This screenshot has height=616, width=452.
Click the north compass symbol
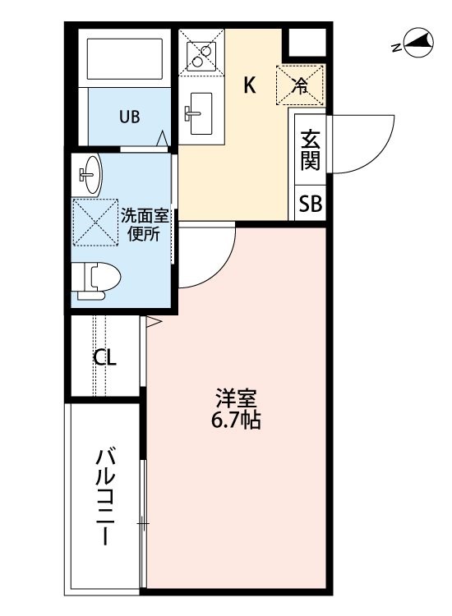tap(417, 42)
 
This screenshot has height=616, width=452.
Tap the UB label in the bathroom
tap(130, 117)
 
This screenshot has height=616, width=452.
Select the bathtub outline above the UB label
tap(125, 59)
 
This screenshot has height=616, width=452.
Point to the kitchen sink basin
tap(201, 113)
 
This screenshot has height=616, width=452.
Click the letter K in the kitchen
tap(250, 85)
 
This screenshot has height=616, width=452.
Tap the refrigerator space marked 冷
tap(300, 85)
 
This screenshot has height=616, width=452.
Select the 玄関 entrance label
tap(310, 150)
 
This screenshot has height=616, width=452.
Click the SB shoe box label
tap(310, 204)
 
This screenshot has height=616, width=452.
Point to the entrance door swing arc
tap(377, 157)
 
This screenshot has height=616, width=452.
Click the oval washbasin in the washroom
tap(91, 174)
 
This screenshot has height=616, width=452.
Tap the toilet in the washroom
tap(97, 281)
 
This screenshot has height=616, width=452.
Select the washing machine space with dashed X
tap(95, 223)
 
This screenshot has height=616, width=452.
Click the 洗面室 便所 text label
tap(145, 225)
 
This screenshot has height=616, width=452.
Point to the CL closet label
tap(104, 357)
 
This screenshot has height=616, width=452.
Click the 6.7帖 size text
tap(236, 421)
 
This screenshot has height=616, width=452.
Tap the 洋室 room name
tap(236, 398)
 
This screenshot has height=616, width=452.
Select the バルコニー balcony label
tap(105, 498)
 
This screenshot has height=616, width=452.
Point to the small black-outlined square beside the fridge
tap(307, 42)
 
